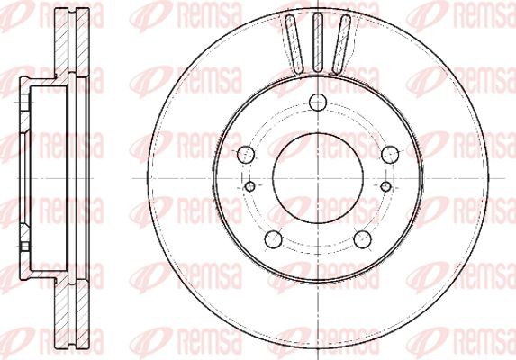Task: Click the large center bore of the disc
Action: [x=318, y=178]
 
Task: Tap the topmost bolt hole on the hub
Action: [x=318, y=102]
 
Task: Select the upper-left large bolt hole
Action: [x=246, y=155]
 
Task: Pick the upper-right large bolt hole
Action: [x=390, y=155]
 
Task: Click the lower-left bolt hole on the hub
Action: [x=274, y=239]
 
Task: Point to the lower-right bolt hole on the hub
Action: [x=362, y=239]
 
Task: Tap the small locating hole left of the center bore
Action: [x=250, y=186]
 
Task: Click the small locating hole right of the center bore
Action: [x=385, y=186]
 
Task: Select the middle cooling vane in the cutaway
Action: [x=317, y=42]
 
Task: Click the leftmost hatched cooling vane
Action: [x=294, y=43]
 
